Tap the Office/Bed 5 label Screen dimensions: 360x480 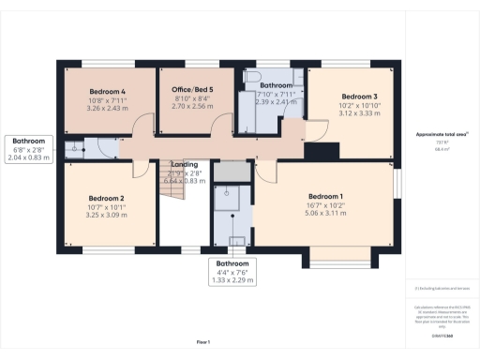coord(185,89)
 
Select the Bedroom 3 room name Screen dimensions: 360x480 coord(359,97)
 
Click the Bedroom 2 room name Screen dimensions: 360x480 coord(106,199)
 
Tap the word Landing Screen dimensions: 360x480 coord(184,165)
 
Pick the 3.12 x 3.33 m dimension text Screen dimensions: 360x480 coord(359,112)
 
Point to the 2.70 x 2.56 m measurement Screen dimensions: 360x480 coord(185,107)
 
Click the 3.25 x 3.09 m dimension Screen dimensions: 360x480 coord(106,215)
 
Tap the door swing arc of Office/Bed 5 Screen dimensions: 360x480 coord(220,126)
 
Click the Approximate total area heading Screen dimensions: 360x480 coord(442,136)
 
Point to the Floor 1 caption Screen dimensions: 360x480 coord(202,342)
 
